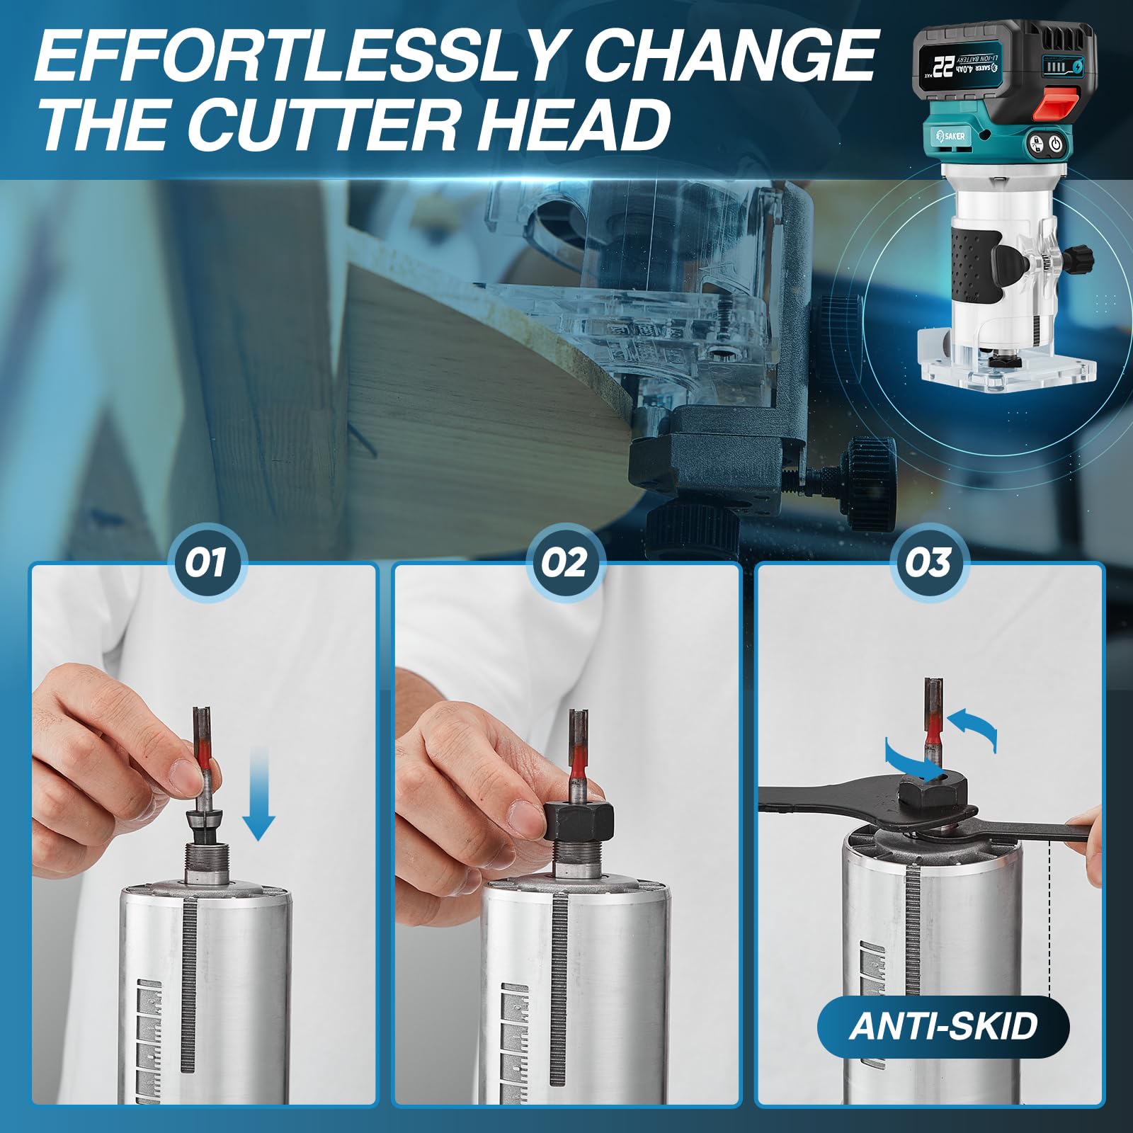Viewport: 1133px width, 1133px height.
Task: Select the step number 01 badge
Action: point(206,563)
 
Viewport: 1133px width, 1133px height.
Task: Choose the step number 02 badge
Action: point(565,563)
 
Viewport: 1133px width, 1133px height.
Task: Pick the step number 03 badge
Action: point(928,563)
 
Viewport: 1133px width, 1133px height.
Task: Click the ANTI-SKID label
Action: point(943,1025)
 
